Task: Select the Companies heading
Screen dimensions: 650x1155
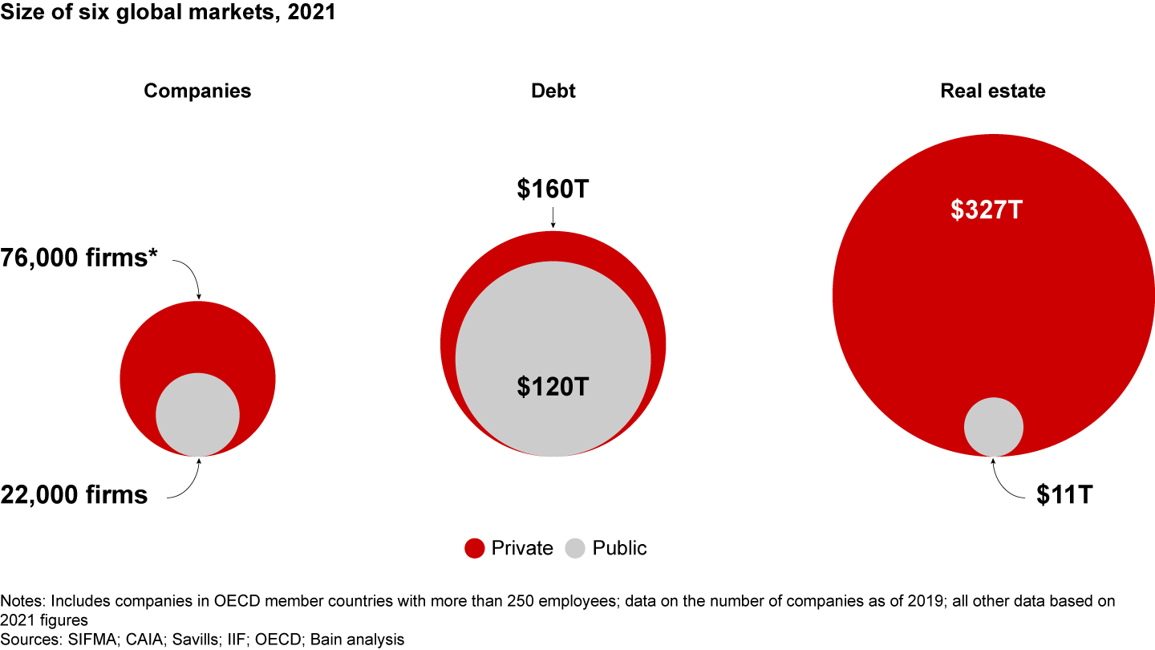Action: tap(197, 91)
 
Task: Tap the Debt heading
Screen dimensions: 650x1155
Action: tap(553, 91)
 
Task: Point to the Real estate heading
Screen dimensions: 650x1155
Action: tap(993, 91)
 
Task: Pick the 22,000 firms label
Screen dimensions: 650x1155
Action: tap(75, 494)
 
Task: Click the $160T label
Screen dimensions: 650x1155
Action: tap(553, 189)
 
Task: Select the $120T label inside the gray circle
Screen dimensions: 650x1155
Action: tap(553, 387)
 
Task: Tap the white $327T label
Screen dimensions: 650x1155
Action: tap(987, 209)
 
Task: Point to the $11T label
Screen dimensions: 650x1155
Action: tap(1064, 494)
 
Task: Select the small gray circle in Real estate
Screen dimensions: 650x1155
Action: tap(994, 427)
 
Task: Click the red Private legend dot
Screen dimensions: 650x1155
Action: tap(475, 549)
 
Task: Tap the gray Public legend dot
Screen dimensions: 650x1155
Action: tap(576, 549)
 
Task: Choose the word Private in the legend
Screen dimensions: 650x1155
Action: tap(522, 549)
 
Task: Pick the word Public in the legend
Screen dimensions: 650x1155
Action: tap(619, 549)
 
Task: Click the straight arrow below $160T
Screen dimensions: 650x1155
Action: tap(553, 217)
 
